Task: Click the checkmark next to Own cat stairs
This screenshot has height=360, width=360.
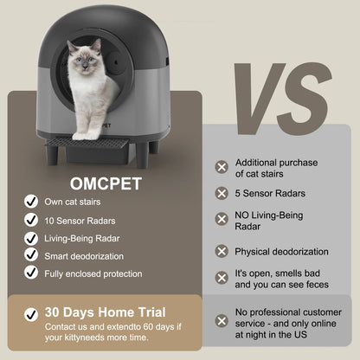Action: pyautogui.click(x=30, y=202)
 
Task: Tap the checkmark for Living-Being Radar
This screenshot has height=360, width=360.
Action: pyautogui.click(x=30, y=237)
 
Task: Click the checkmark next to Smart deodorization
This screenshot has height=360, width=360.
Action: pyautogui.click(x=30, y=255)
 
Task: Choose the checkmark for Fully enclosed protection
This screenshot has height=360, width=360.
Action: pyautogui.click(x=30, y=273)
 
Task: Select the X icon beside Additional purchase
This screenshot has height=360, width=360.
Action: pyautogui.click(x=222, y=167)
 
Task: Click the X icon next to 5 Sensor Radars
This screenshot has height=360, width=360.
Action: pyautogui.click(x=222, y=195)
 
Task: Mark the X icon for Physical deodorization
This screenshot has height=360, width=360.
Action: pyautogui.click(x=222, y=251)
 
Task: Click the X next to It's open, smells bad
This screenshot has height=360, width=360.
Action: pyautogui.click(x=222, y=278)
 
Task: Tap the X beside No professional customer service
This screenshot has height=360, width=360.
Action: pyautogui.click(x=222, y=320)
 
